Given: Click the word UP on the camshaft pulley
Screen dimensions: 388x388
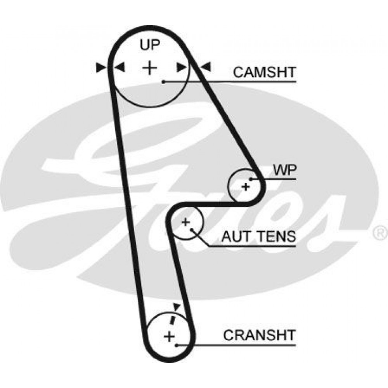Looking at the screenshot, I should click(149, 46).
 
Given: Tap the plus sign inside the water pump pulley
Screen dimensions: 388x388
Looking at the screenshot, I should click(245, 187).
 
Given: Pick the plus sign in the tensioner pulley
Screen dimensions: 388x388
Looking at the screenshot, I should click(185, 222).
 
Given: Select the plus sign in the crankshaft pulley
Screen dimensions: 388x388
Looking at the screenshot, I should click(169, 336).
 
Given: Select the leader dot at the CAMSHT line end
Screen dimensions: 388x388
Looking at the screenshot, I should click(164, 81).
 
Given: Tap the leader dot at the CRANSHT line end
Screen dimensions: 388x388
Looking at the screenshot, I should click(177, 345).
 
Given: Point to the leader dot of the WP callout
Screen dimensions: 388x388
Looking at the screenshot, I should click(251, 179).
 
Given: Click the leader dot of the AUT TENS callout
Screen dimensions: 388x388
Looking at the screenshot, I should click(192, 229).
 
